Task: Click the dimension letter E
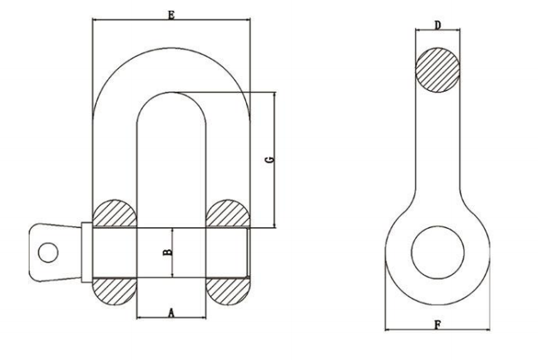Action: pyautogui.click(x=170, y=14)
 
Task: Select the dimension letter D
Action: pyautogui.click(x=438, y=25)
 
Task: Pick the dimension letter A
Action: pyautogui.click(x=171, y=312)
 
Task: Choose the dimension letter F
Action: pyautogui.click(x=437, y=326)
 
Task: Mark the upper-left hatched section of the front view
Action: pyautogui.click(x=114, y=214)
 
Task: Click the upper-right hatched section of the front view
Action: pyautogui.click(x=227, y=214)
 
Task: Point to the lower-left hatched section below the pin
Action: pyautogui.click(x=114, y=290)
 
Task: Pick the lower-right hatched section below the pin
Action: pyautogui.click(x=227, y=290)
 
